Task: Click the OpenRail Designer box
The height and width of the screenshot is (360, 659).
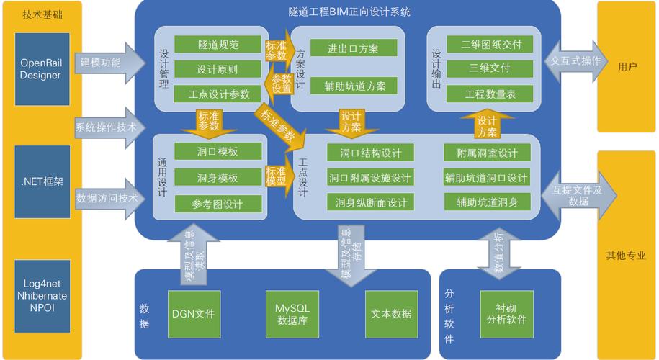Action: pos(40,68)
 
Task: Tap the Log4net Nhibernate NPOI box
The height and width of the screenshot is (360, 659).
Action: pos(40,296)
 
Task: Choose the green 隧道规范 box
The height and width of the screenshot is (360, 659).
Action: pos(218,45)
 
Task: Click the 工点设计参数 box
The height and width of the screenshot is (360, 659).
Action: pos(218,94)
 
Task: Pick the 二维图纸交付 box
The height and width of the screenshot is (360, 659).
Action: pos(490,45)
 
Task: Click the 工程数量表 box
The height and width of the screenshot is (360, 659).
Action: pos(490,94)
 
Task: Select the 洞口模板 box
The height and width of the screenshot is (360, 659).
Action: pos(218,152)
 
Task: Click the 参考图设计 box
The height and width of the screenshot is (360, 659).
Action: pos(218,204)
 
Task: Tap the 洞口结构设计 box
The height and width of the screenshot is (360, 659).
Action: pos(370,153)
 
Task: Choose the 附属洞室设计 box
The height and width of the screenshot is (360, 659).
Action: pos(487,153)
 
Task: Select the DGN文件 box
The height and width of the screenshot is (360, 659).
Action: pos(193,314)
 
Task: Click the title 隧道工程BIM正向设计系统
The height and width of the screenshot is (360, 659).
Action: pos(349,12)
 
